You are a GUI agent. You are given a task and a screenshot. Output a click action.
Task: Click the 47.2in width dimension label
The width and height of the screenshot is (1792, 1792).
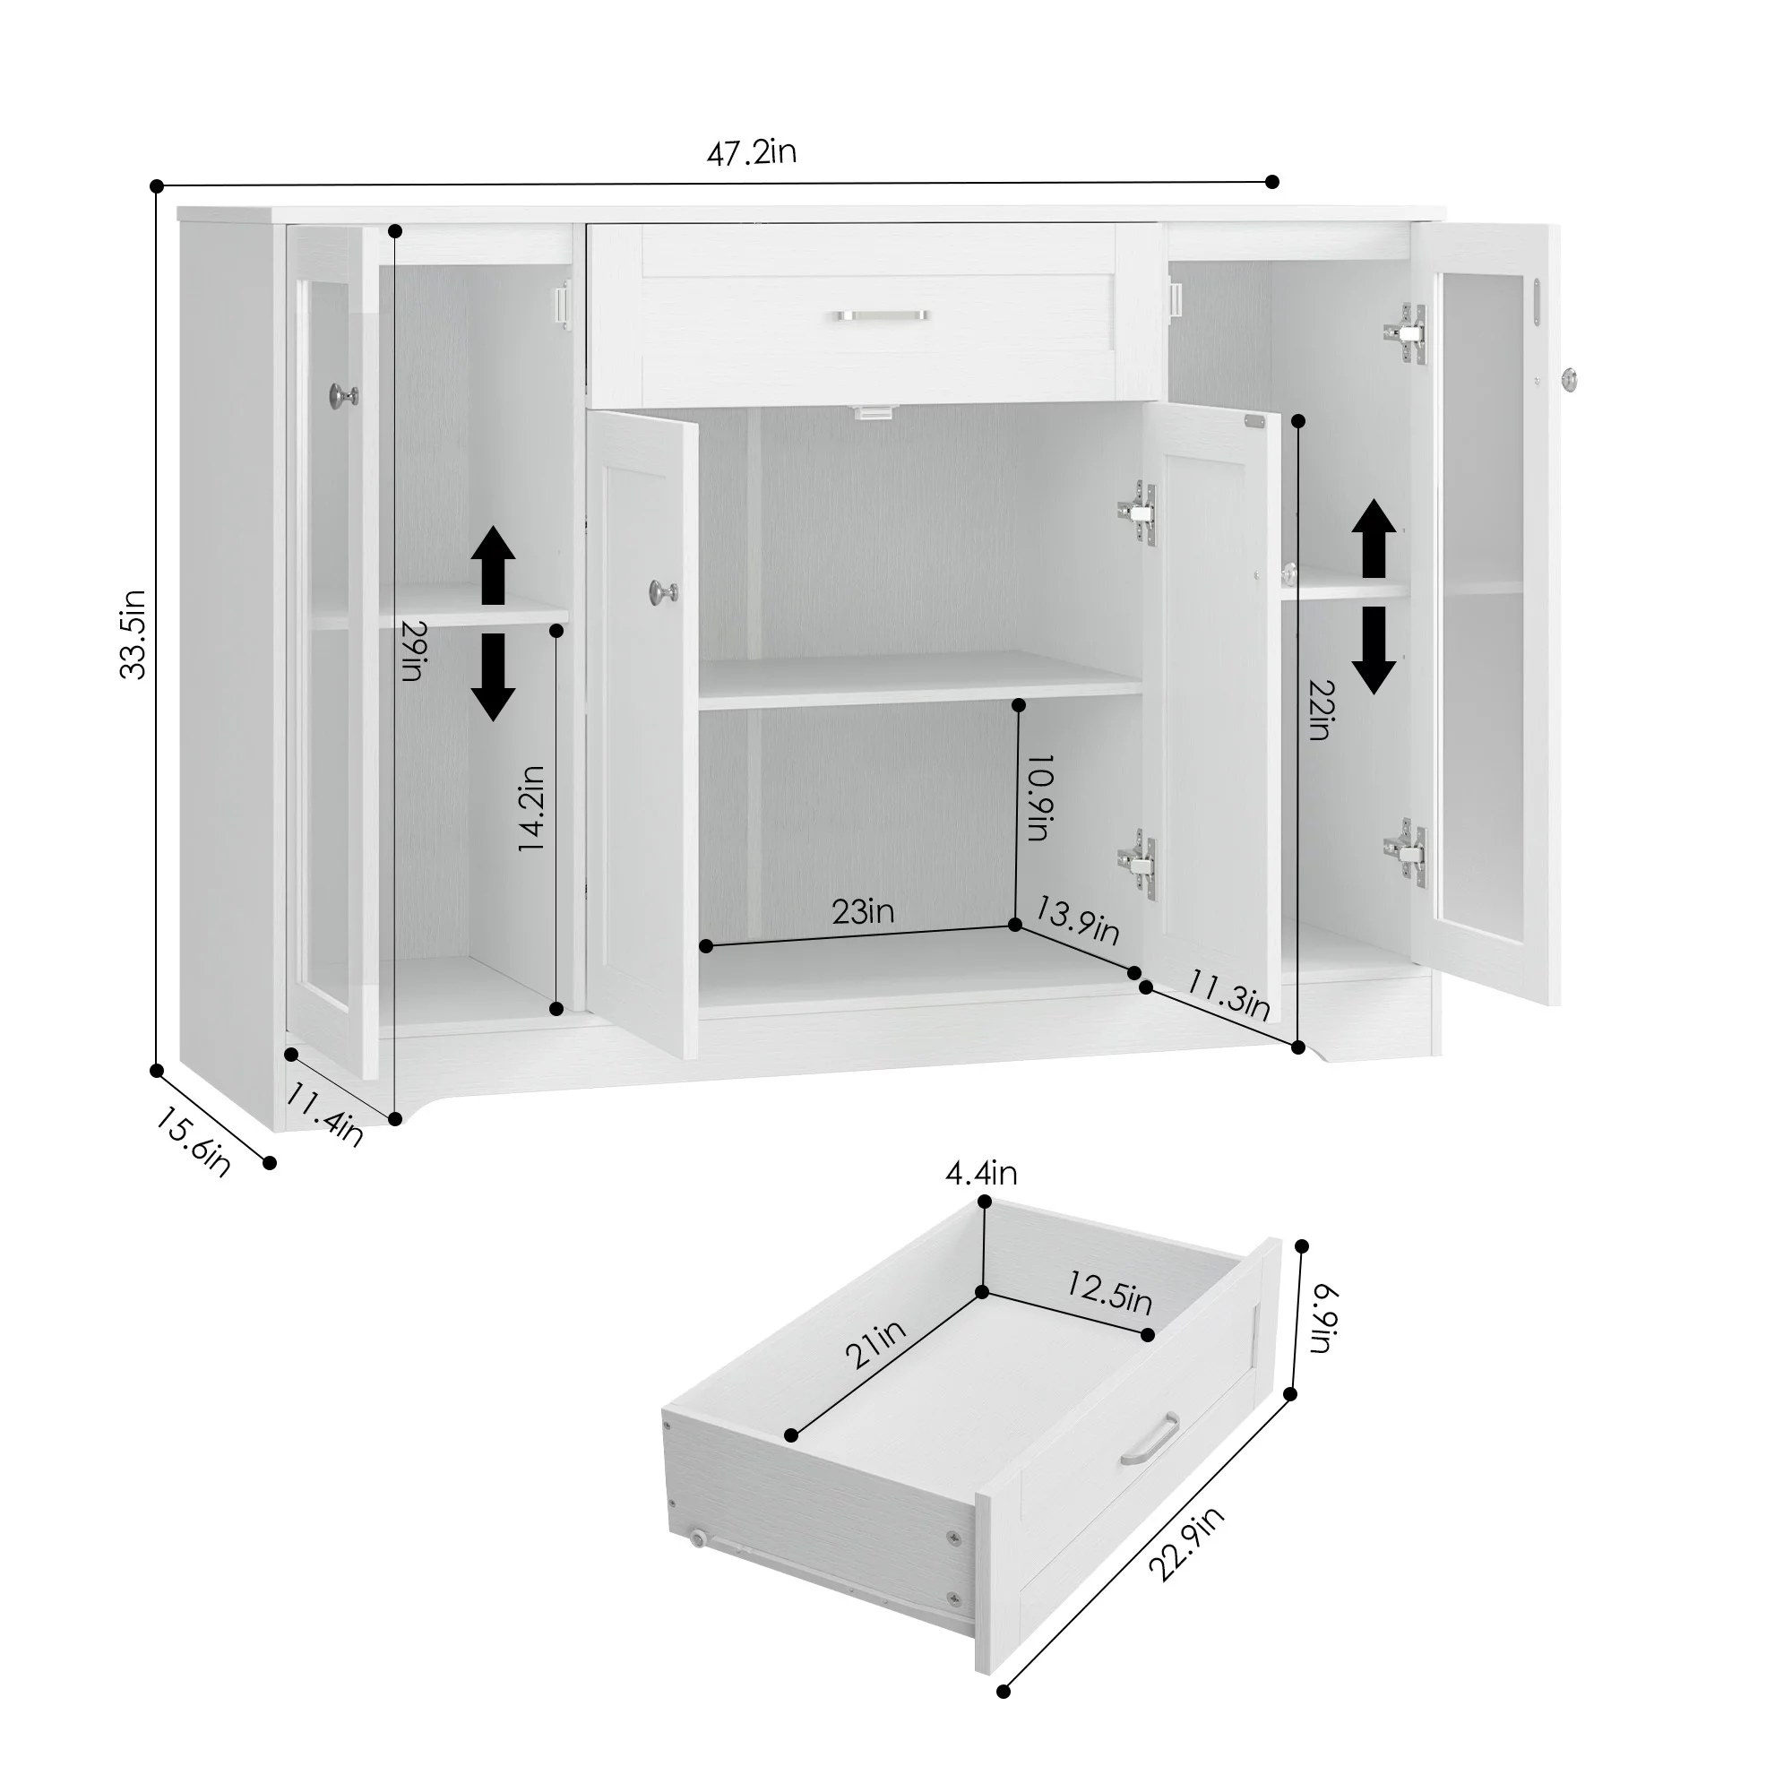(752, 152)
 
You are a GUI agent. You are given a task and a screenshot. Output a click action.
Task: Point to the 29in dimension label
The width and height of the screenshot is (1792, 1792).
(413, 650)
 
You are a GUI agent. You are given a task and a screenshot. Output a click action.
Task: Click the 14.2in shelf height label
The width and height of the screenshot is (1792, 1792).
(530, 808)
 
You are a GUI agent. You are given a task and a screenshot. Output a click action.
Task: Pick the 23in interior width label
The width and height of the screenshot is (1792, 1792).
(863, 912)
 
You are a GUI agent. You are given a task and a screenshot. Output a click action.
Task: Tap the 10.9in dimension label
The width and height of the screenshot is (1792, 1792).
(1040, 797)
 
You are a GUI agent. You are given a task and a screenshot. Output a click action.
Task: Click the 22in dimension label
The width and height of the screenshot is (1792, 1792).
(1321, 710)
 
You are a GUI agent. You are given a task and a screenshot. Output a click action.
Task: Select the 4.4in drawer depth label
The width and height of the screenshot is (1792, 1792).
(981, 1175)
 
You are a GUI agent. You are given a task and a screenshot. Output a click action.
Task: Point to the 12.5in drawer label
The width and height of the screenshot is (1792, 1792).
(1109, 1292)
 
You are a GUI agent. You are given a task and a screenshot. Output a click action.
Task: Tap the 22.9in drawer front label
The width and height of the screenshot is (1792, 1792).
(1186, 1544)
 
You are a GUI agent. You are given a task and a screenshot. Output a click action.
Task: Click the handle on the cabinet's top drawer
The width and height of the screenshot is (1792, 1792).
(881, 315)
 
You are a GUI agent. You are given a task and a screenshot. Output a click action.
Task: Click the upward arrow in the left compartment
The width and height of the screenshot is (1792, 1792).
(493, 564)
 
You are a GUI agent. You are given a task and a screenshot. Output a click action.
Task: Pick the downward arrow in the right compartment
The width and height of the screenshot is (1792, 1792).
(1374, 650)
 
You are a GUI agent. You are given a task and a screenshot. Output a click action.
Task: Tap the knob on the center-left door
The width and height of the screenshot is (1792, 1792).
(663, 590)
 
